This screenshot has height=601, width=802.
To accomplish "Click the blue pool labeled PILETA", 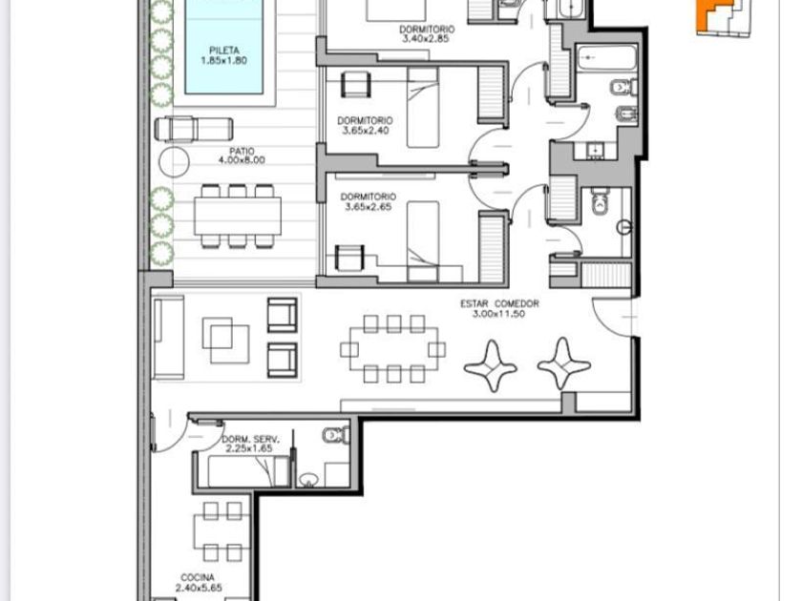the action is point(224,47).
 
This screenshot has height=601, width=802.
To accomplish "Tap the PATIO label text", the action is point(242,152).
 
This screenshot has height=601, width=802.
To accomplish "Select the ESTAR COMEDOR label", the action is point(499,303).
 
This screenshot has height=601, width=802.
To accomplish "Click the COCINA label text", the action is point(198,578).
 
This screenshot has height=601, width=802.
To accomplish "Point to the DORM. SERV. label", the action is point(250,440).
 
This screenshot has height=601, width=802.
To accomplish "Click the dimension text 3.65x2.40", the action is point(365,131).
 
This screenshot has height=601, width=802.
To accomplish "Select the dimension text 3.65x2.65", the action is point(369,206).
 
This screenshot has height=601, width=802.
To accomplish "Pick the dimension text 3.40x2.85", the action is point(426,39).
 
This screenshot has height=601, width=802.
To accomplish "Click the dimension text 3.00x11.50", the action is point(498,314).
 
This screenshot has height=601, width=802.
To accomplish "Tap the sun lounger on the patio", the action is point(194,129).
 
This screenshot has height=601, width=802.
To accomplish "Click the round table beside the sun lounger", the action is point(175,162).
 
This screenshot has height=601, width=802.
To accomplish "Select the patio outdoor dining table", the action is point(238,216).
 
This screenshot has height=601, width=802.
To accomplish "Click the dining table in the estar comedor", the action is point(393,348).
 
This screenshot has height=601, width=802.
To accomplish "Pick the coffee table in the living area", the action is point(226,341).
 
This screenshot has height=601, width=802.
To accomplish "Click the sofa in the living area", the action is point(168,338).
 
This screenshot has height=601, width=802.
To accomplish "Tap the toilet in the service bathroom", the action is point(336,435).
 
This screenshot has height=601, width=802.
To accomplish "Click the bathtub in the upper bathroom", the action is point(606,59).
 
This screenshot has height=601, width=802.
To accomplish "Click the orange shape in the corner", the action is point(707,15).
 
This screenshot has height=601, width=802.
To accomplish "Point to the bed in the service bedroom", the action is point(248,471).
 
